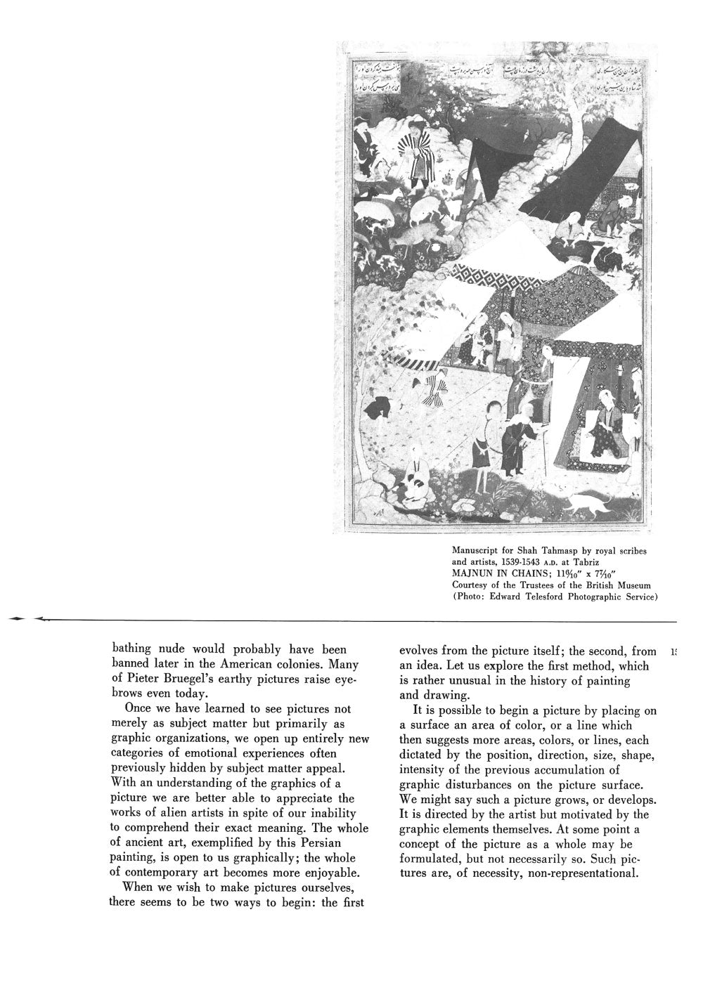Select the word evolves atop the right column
pyautogui.click(x=420, y=651)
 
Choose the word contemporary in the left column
pyautogui.click(x=172, y=873)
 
